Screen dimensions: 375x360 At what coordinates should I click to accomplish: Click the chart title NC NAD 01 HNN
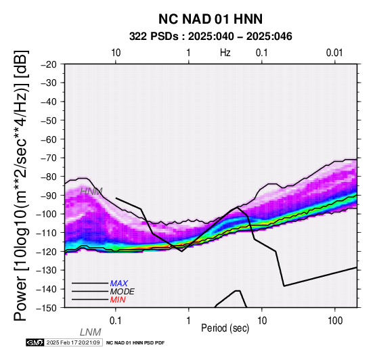tap(211, 19)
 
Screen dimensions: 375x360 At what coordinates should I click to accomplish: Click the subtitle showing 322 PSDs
tap(211, 37)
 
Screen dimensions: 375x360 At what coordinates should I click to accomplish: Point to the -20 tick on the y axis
tap(49, 64)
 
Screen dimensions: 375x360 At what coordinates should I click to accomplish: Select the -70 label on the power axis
tap(49, 158)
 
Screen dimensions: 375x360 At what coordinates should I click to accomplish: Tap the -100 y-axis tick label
tap(47, 214)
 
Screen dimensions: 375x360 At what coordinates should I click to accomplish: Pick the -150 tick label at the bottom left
tap(47, 308)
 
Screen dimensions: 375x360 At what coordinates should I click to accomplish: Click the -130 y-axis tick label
tap(47, 270)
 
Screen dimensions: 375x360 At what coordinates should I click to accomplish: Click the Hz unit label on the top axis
tap(225, 53)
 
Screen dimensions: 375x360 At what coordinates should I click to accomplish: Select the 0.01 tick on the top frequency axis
tap(334, 53)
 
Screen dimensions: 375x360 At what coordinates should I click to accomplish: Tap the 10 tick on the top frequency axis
tap(116, 53)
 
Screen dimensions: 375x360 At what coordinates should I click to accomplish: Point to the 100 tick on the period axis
tap(335, 321)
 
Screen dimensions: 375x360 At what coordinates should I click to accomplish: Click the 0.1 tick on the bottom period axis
tap(116, 321)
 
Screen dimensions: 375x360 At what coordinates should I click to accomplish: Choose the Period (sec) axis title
tap(225, 328)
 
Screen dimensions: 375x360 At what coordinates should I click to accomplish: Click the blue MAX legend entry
tap(118, 284)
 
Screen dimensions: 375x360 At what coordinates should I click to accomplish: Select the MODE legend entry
tap(123, 292)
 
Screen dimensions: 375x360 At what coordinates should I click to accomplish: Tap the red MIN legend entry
tap(118, 300)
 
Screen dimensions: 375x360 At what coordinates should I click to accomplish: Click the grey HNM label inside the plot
tap(91, 192)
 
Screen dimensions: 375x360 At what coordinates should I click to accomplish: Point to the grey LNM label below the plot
tap(91, 332)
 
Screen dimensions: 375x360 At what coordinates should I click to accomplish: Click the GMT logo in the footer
tap(35, 342)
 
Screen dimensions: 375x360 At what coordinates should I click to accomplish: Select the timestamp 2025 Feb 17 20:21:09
tap(73, 342)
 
